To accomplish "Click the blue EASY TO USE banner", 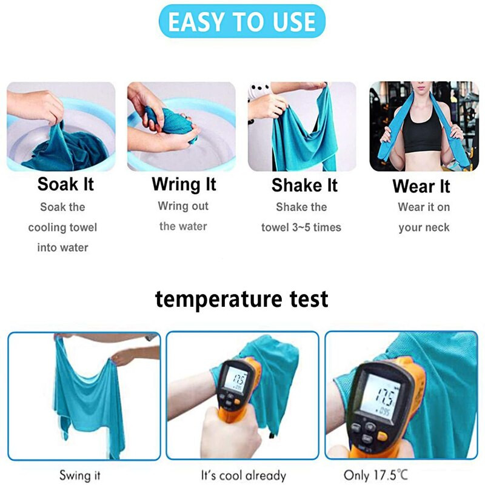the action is coord(242,21).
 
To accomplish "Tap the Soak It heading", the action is coord(65,184).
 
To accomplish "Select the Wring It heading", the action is coord(184,185).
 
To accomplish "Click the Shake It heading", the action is coord(304,186).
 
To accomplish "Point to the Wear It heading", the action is coord(421,186).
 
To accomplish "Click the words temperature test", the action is coord(241,299).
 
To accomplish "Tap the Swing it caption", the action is coord(80,475).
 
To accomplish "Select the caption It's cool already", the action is coord(244,475).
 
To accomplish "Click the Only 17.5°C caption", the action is coord(376,475).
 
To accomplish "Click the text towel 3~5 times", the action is coord(301,227).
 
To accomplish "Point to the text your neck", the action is coord(424,228).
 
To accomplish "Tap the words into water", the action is coord(62,247).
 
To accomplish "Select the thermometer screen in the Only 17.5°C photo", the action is coord(381,398).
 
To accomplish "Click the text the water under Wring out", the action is coord(183,226).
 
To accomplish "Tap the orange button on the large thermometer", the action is coord(383,436).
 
